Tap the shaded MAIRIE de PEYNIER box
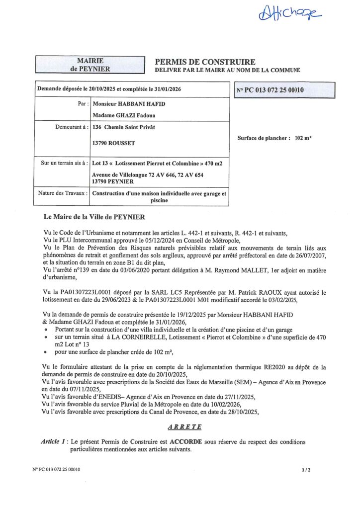90,65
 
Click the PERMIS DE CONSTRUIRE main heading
205,62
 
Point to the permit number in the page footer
56,469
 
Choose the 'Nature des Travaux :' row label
63,193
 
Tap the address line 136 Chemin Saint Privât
124,127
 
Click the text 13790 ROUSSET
114,143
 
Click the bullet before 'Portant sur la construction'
46,330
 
